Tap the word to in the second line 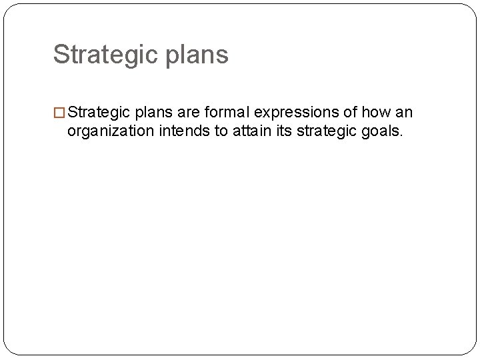pyautogui.click(x=221, y=131)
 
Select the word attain pyautogui.click(x=252, y=131)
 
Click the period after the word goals pyautogui.click(x=401, y=135)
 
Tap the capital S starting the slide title pyautogui.click(x=61, y=55)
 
